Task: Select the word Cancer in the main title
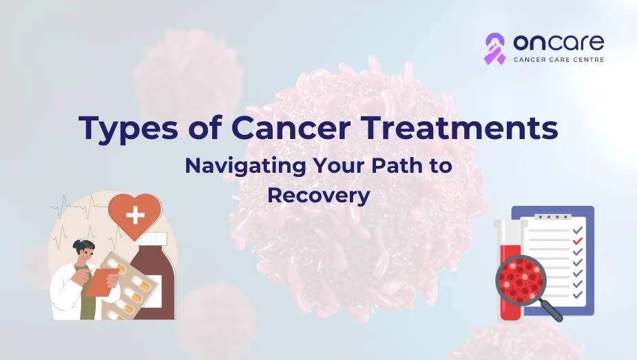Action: pyautogui.click(x=291, y=127)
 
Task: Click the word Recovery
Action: pyautogui.click(x=318, y=196)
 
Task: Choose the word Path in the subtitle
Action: pyautogui.click(x=394, y=166)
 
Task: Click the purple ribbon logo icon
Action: pyautogui.click(x=495, y=49)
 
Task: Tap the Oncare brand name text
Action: pyautogui.click(x=558, y=42)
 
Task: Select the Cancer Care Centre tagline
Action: pyautogui.click(x=558, y=60)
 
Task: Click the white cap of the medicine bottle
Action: pyautogui.click(x=152, y=240)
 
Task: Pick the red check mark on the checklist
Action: pyautogui.click(x=577, y=240)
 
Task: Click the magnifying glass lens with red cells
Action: pyautogui.click(x=521, y=280)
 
